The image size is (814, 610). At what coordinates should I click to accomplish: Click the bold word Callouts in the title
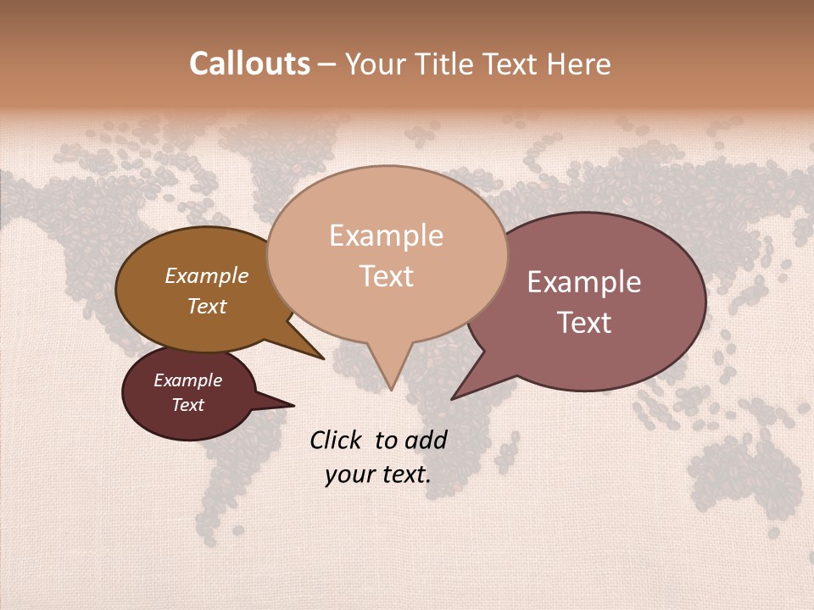[249, 64]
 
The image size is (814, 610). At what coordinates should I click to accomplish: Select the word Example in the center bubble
[386, 236]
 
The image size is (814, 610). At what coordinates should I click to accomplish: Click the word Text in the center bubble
[386, 276]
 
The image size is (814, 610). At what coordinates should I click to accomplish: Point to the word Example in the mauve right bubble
[584, 282]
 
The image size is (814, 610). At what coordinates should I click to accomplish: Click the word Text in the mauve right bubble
[584, 323]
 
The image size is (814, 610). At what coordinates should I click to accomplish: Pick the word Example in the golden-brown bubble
[207, 275]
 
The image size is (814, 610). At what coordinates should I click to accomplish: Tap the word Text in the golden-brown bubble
[207, 306]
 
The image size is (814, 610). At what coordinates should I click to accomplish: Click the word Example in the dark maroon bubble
[188, 380]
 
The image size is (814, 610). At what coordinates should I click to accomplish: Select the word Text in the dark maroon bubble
[188, 405]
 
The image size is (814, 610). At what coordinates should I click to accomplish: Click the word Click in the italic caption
[337, 440]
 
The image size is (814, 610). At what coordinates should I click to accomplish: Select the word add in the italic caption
[426, 440]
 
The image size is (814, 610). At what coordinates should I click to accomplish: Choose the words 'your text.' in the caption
[377, 474]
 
